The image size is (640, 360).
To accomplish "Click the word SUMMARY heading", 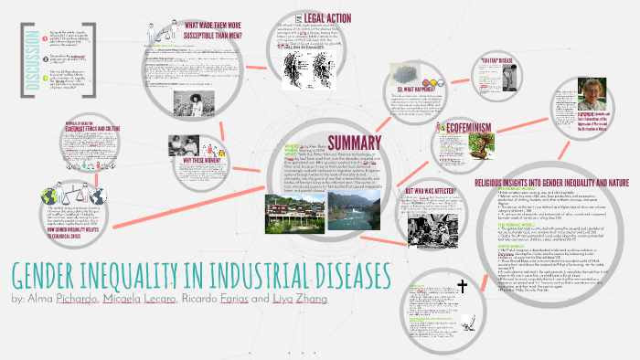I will click(336, 143).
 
